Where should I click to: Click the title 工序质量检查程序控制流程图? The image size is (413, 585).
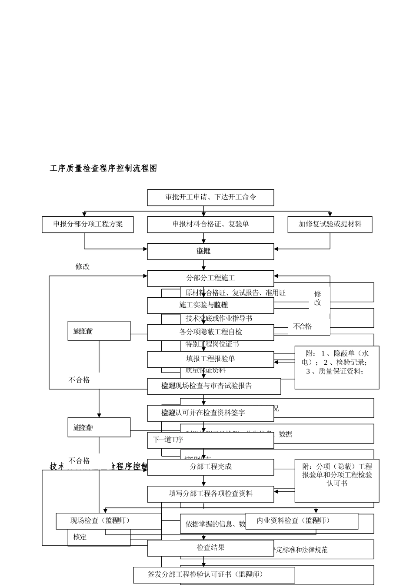(103, 168)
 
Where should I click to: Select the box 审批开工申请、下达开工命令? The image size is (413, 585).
(210, 197)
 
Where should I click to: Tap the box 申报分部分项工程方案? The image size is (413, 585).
(87, 224)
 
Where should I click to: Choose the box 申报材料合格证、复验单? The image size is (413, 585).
(210, 224)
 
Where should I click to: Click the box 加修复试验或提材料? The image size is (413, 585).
(330, 224)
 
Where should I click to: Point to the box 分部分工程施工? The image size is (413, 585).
(210, 278)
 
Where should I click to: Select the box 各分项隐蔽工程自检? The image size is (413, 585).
(210, 332)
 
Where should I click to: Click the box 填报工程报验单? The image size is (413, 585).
(210, 359)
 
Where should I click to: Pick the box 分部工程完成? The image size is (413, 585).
(210, 467)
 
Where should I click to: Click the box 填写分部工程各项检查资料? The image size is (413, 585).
(210, 494)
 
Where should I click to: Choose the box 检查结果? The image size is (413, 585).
(210, 548)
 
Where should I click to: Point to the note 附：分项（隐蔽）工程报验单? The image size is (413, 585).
(337, 475)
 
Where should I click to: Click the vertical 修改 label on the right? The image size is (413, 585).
(318, 299)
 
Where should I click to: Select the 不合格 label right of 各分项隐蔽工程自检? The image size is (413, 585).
(303, 326)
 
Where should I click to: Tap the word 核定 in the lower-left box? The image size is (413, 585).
(80, 537)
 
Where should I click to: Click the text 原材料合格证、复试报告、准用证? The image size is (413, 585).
(235, 293)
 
